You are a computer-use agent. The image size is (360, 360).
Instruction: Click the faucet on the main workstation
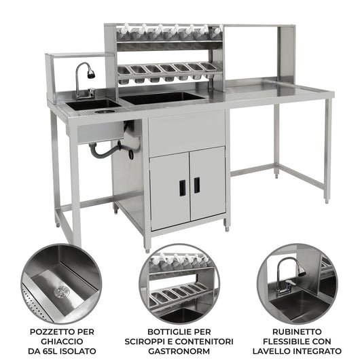[82, 77]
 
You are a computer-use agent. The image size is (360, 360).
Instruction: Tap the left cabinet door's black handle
[182, 186]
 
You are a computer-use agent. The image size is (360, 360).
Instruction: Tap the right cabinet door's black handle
[196, 185]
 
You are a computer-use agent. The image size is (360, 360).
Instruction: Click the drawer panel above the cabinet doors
[186, 132]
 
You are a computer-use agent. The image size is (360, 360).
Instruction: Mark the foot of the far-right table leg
[326, 200]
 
